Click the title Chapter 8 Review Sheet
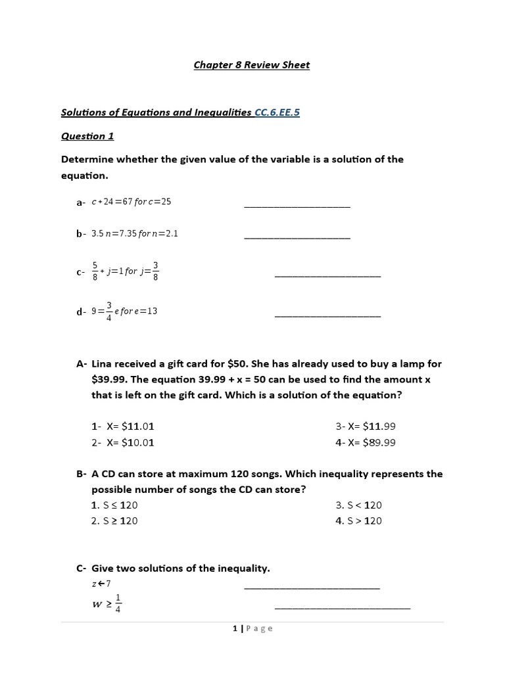click(x=251, y=65)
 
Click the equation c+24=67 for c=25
click(x=131, y=201)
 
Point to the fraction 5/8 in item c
click(x=95, y=271)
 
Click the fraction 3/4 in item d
click(x=109, y=312)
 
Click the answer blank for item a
click(x=297, y=205)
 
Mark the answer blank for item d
click(x=327, y=315)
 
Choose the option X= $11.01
click(x=123, y=427)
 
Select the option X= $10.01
click(x=123, y=442)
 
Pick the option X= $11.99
click(x=365, y=427)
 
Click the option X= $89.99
click(x=365, y=442)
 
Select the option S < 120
click(x=358, y=505)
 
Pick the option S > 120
click(x=358, y=521)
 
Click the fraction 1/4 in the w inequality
click(x=118, y=603)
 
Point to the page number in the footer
click(x=235, y=628)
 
